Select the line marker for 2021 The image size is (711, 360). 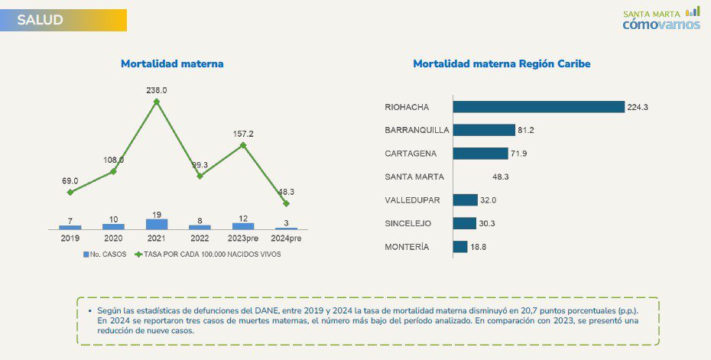coord(157,101)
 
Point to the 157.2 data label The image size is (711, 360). coord(243,133)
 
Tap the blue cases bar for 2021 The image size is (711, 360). coord(157,224)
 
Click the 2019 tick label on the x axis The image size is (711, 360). coord(70,238)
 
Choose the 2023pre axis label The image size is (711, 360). coord(243,238)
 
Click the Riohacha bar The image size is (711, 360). coord(538,107)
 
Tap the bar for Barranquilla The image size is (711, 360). coord(484,130)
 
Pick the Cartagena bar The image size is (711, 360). coord(480,154)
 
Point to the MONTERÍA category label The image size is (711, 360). coord(407,247)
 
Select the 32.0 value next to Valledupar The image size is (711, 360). coord(489,200)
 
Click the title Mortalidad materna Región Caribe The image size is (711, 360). coord(502,64)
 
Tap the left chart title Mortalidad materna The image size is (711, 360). coord(172,64)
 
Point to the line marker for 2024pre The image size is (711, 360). coord(286,203)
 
